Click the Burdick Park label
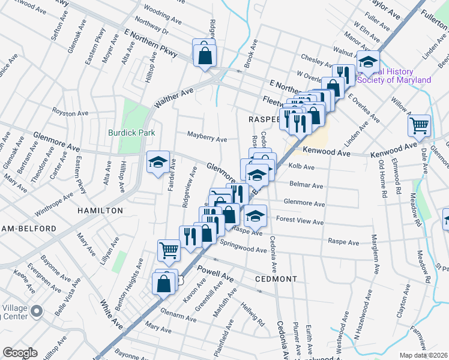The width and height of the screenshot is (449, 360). coord(131,133)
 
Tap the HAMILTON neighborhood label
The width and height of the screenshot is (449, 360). coord(100,211)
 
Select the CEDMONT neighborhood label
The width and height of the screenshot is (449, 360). coord(276,279)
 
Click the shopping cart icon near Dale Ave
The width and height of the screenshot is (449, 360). coord(419,125)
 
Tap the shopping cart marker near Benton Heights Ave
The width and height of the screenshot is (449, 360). coord(169,251)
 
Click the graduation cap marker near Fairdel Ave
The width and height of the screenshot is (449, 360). coord(158,162)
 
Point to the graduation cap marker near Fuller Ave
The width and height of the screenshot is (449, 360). coord(368,62)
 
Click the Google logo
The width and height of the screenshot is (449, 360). coord(20,353)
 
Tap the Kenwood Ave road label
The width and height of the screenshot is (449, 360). coord(326,153)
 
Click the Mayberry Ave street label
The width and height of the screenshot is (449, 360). coord(206,139)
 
